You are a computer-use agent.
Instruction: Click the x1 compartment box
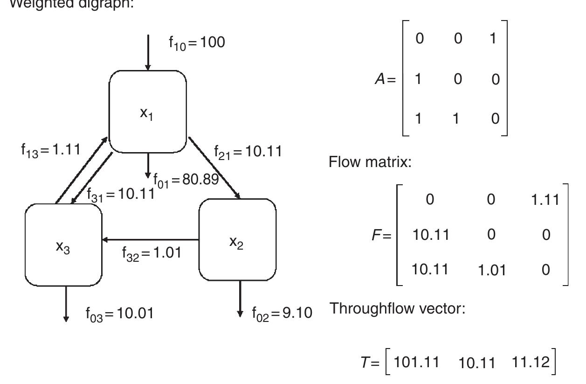coord(147,112)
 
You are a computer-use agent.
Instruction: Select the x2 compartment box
coord(237,239)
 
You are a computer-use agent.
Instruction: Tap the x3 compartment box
coord(63,244)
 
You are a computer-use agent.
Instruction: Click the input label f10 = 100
coord(196,42)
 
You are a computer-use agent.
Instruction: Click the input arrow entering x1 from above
coord(148,51)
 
